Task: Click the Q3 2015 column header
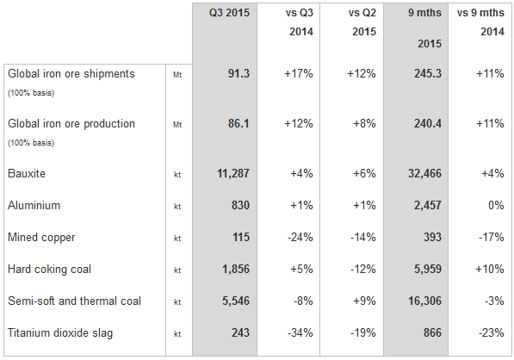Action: [x=229, y=13]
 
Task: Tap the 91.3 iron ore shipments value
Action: [x=238, y=73]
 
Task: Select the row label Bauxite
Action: [x=27, y=173]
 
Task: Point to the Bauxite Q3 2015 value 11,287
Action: [x=233, y=173]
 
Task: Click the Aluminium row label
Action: [x=34, y=205]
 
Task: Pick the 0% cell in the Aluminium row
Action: [x=496, y=205]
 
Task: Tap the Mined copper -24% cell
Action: [x=300, y=237]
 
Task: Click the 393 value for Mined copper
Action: [x=432, y=237]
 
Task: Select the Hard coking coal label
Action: [x=49, y=270]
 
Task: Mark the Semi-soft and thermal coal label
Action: [x=74, y=301]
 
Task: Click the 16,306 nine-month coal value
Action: [x=424, y=301]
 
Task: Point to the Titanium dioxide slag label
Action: [x=60, y=332]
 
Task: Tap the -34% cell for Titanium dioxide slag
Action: [x=300, y=332]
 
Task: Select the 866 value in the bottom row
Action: [x=432, y=332]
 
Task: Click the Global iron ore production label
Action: [x=71, y=124]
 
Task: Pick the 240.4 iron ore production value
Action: [x=427, y=124]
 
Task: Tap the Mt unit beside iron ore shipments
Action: [x=177, y=75]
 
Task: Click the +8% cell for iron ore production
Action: [x=364, y=124]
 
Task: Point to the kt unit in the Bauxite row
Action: [x=177, y=175]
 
